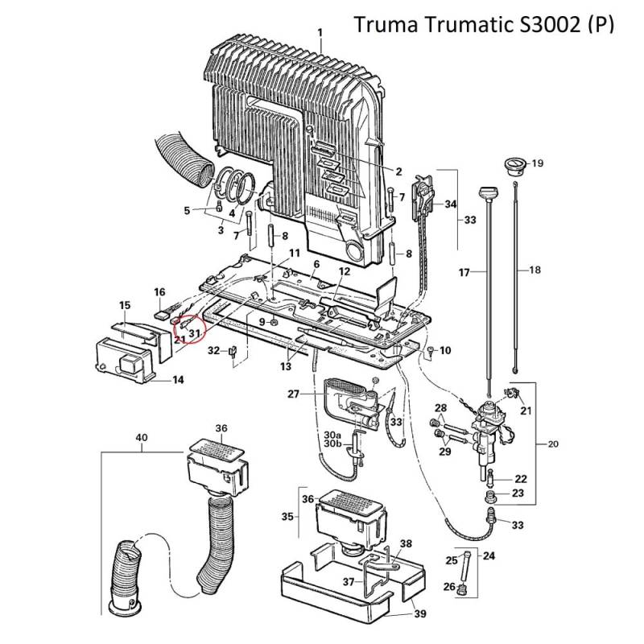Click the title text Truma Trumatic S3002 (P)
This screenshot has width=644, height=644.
(x=484, y=26)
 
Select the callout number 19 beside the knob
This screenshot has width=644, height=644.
(x=538, y=163)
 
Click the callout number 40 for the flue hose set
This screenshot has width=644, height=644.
(x=142, y=438)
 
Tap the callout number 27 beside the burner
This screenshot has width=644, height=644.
(x=294, y=394)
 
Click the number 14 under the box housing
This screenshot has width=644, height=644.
(x=178, y=378)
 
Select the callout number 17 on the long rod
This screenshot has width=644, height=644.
(x=464, y=273)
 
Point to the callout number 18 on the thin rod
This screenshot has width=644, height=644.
(x=535, y=271)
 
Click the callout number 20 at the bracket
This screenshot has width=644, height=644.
(x=552, y=443)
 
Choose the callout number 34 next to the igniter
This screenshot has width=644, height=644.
(x=450, y=204)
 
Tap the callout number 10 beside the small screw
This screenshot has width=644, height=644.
(x=446, y=350)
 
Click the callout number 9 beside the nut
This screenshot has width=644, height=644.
(x=262, y=322)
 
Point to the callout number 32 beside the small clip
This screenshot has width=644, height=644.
(x=213, y=350)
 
